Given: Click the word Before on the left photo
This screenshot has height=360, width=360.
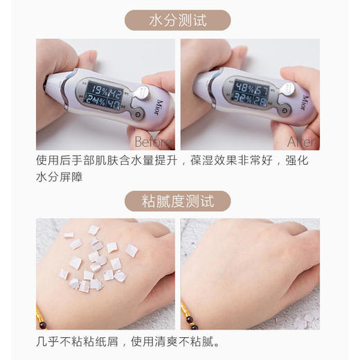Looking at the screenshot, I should (x=153, y=143).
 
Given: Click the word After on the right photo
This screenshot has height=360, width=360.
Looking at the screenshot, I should (x=302, y=143).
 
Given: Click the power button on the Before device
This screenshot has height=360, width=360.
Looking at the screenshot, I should (x=139, y=114).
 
